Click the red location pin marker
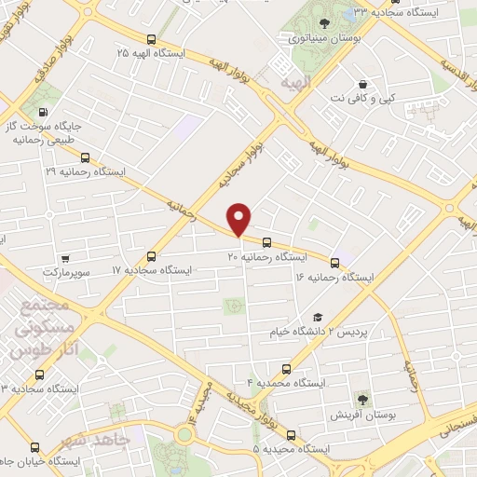240,219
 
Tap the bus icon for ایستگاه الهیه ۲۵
152,39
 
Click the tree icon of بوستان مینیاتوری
324,22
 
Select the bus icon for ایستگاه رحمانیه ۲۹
87,157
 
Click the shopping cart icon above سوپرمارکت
64,259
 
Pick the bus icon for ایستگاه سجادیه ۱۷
152,255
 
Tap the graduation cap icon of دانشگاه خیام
318,318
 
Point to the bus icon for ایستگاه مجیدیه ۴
286,369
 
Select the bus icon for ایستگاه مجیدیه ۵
292,435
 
